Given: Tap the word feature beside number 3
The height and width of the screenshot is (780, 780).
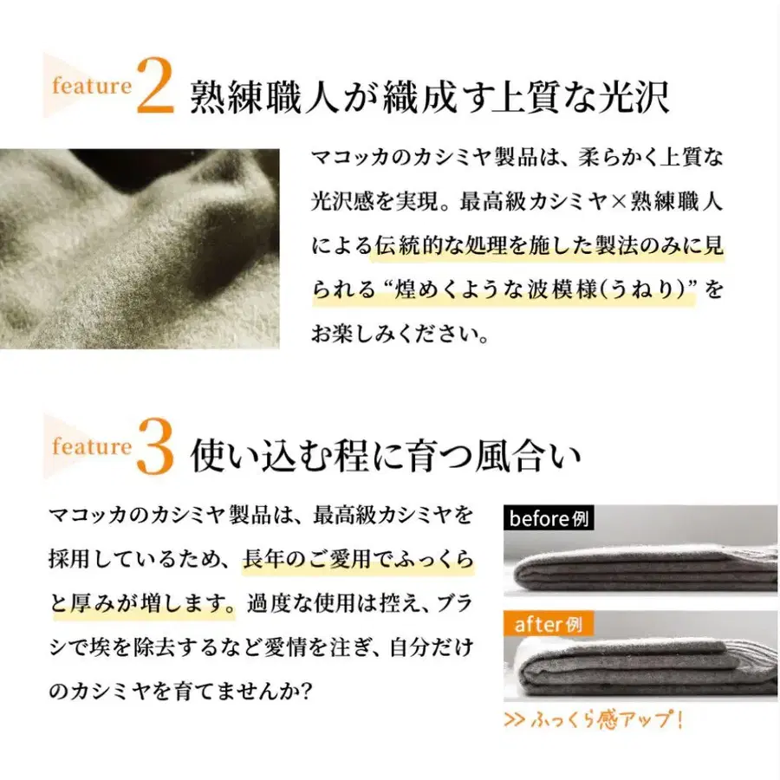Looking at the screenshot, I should click(x=91, y=447).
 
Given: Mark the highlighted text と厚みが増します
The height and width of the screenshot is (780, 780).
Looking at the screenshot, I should click(x=143, y=602).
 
